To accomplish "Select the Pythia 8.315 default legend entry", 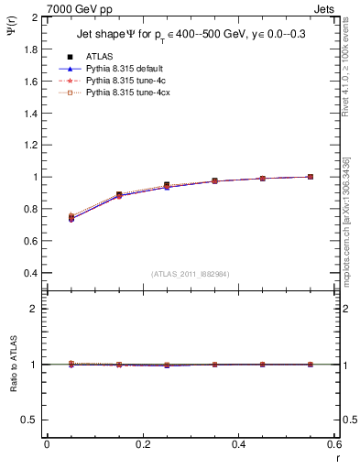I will point(122,69).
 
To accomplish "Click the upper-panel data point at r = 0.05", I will point(71,218).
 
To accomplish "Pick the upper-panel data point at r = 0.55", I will point(311,177).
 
